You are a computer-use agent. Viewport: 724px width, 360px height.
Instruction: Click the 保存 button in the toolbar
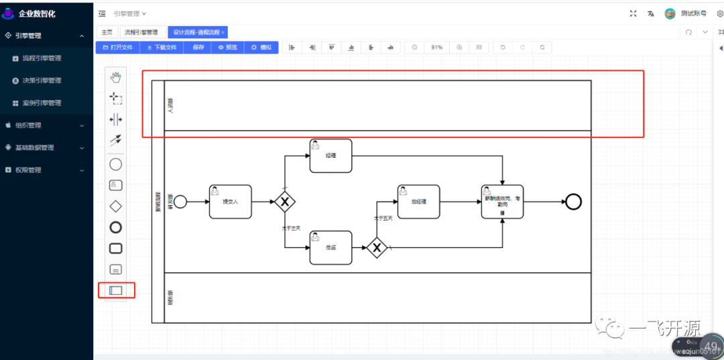(198, 48)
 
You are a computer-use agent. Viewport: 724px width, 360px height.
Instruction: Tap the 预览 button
(227, 48)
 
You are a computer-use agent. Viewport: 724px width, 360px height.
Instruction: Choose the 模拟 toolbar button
(261, 48)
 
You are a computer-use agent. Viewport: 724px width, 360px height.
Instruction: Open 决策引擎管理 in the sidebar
(42, 80)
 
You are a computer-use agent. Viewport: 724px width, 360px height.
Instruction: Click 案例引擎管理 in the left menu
(42, 103)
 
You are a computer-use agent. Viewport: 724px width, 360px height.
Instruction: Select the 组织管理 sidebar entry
(28, 125)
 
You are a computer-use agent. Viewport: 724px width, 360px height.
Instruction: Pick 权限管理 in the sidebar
(28, 170)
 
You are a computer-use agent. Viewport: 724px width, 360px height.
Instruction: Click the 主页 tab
(107, 32)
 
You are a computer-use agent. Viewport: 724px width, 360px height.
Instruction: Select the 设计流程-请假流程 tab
(197, 32)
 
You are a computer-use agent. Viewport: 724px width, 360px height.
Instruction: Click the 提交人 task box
(230, 201)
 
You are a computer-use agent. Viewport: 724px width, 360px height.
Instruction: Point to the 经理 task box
(330, 156)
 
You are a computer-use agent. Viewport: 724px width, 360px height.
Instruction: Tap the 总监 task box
(330, 247)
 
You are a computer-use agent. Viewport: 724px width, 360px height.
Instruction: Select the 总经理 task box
(419, 201)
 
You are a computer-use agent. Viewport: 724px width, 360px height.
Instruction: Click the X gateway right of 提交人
(285, 201)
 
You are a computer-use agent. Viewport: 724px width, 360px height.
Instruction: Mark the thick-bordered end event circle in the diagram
(573, 201)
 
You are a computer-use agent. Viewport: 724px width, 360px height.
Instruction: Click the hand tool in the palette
(116, 76)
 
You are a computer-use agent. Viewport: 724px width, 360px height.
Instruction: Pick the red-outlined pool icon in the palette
(116, 290)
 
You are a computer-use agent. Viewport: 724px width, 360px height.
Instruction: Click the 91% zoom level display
(436, 48)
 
